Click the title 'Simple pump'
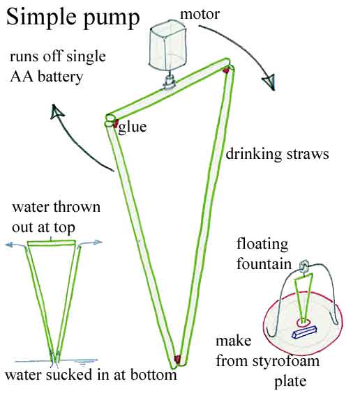73,17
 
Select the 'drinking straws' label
277,154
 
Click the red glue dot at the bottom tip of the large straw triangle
177,359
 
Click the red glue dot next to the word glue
113,123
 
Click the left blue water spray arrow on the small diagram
13,245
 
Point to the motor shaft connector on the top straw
169,88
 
